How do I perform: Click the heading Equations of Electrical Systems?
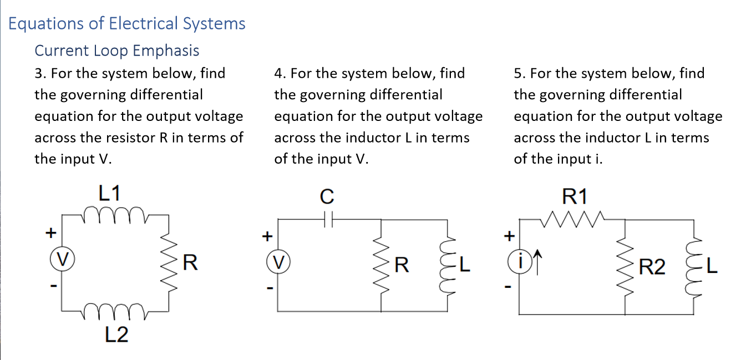(127, 24)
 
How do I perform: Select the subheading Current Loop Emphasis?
(116, 50)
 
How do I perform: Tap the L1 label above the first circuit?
(110, 194)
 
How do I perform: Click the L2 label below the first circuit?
(116, 334)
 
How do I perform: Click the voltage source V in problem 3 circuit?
(62, 258)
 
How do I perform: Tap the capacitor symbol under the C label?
(327, 220)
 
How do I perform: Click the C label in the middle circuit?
(327, 196)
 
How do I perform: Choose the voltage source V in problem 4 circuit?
(278, 261)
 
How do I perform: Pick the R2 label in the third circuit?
(652, 267)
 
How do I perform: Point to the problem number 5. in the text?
(519, 73)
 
